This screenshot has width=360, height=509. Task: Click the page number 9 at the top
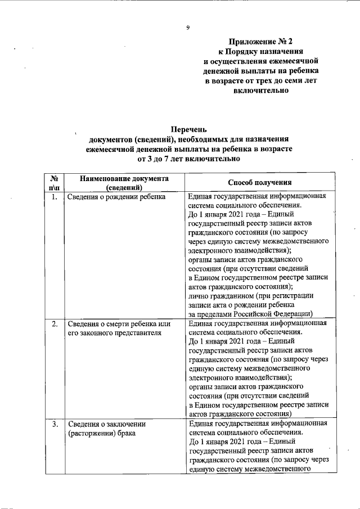click(x=188, y=28)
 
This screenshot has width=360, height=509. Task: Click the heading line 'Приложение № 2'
click(x=260, y=42)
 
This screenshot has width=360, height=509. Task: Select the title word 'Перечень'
click(x=188, y=130)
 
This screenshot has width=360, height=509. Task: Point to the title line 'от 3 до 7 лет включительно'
click(x=188, y=159)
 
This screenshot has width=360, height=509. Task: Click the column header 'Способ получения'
click(x=259, y=182)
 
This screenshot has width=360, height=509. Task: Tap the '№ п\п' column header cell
click(x=55, y=182)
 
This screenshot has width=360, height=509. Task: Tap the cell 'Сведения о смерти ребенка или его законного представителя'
click(x=119, y=328)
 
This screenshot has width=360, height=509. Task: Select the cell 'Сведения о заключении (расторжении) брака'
click(x=107, y=429)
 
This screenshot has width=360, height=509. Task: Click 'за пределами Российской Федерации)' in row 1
click(x=251, y=313)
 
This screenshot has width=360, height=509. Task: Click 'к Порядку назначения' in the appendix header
click(x=260, y=51)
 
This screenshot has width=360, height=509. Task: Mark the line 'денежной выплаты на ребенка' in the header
click(x=260, y=71)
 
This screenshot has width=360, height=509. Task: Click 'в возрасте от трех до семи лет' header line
click(x=260, y=81)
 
